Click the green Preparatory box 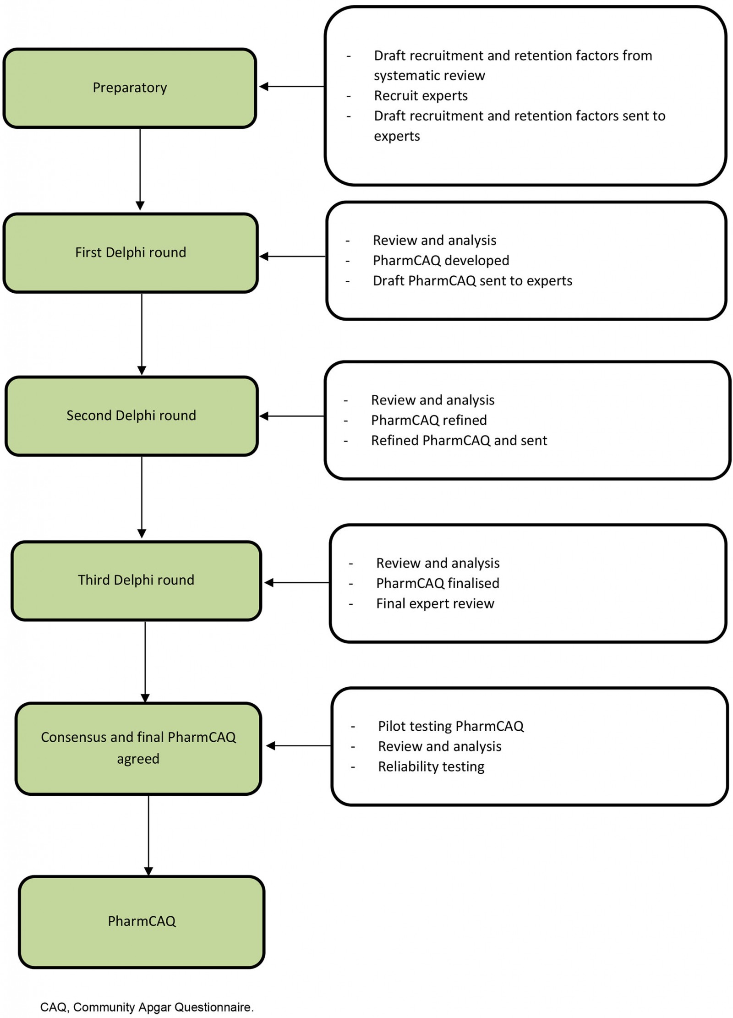click(130, 88)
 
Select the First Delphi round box click(131, 252)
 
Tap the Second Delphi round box click(131, 416)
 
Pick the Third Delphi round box click(136, 580)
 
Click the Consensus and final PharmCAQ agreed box click(138, 748)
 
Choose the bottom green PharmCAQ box click(142, 921)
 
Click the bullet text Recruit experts click(421, 96)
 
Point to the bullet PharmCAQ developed click(441, 261)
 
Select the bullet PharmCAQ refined click(429, 420)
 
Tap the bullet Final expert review click(435, 603)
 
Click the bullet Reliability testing click(431, 766)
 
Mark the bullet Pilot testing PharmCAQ click(450, 726)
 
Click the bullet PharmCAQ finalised click(438, 583)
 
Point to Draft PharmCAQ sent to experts click(472, 281)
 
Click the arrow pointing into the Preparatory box click(292, 86)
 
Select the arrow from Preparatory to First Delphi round click(140, 170)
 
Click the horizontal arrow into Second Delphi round click(292, 416)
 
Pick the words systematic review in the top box click(429, 76)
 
